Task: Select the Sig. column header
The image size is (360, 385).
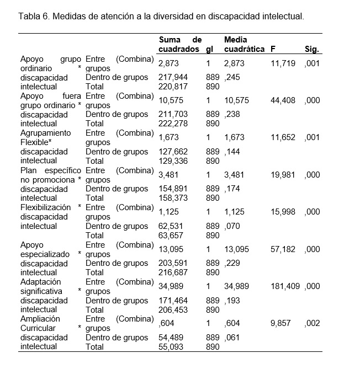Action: (x=312, y=49)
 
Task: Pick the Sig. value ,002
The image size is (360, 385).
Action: (x=312, y=323)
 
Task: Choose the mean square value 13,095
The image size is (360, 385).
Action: (x=236, y=249)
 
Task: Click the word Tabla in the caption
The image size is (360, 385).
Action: (x=30, y=17)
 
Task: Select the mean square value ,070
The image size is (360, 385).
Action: (x=232, y=226)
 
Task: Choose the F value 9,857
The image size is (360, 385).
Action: (x=282, y=323)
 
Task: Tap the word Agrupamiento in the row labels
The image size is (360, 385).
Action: (x=46, y=133)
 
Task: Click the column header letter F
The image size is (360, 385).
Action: (x=273, y=49)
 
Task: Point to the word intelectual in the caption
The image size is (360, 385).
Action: (x=282, y=17)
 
